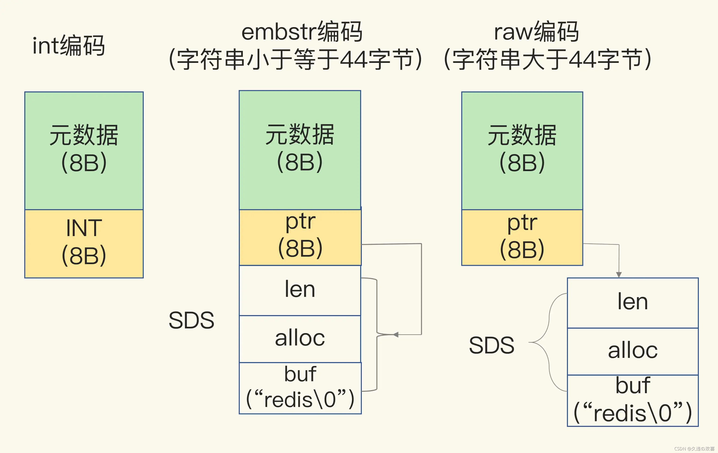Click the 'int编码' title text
[x=68, y=45]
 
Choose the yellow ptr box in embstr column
[x=300, y=237]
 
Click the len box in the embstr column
[x=300, y=290]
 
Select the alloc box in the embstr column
[x=300, y=339]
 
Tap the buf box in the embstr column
[x=300, y=388]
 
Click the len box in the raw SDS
[x=632, y=302]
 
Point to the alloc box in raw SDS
[x=632, y=351]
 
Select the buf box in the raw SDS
[x=632, y=400]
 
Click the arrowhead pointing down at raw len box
[x=619, y=274]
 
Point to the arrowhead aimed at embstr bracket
[x=396, y=334]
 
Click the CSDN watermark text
[x=694, y=449]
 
